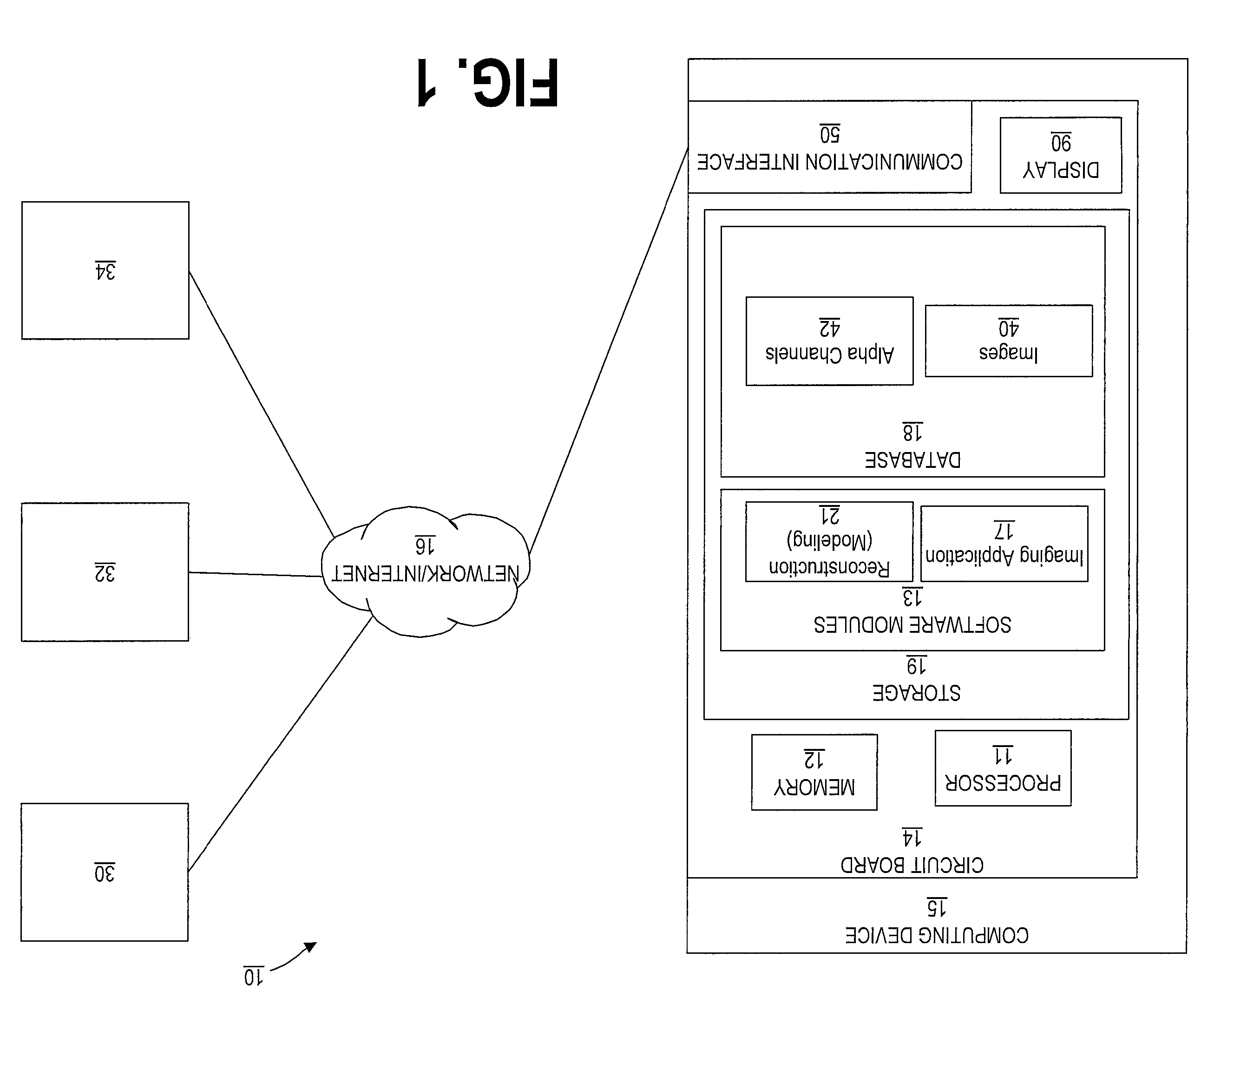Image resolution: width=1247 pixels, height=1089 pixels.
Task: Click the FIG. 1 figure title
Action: [x=487, y=83]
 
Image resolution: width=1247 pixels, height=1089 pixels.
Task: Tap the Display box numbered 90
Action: [x=1060, y=155]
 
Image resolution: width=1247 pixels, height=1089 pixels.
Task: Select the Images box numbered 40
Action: [x=1009, y=341]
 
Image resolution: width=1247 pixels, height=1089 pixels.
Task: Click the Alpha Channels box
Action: [x=829, y=341]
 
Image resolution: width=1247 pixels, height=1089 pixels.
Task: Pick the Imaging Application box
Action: [x=1004, y=544]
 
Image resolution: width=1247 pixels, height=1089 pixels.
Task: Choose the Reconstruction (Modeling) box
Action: [x=829, y=541]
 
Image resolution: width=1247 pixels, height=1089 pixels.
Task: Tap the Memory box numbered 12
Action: [x=814, y=772]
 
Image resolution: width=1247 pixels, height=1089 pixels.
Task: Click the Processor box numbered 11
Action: [x=1003, y=768]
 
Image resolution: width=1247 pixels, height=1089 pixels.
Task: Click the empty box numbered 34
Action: [x=105, y=270]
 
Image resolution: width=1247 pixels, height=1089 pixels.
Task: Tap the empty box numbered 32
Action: [x=105, y=572]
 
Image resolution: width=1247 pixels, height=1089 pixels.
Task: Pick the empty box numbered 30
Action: [x=105, y=872]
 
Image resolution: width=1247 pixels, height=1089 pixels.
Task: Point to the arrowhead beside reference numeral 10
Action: [x=310, y=947]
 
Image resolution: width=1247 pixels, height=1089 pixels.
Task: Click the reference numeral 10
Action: [x=253, y=977]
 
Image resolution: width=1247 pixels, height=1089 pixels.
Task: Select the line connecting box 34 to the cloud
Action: [x=262, y=404]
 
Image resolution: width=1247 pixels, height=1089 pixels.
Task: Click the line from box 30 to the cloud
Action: [x=280, y=744]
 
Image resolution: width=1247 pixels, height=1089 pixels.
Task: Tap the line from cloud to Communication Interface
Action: [x=608, y=351]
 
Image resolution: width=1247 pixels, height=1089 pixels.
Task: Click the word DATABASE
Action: [x=913, y=459]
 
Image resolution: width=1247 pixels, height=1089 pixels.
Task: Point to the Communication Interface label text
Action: [x=829, y=162]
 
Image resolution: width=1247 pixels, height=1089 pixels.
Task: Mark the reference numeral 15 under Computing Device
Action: [x=937, y=907]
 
